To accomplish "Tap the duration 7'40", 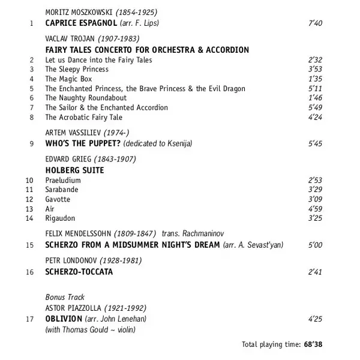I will [x=314, y=24].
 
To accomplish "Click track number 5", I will [x=31, y=88].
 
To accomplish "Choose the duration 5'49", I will [x=314, y=107].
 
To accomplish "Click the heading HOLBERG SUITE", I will [x=74, y=170].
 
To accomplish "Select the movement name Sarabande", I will [x=61, y=190].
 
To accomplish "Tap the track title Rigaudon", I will [x=60, y=218].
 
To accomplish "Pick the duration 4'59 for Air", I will [x=314, y=209].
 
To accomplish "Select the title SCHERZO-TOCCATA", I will [x=79, y=272].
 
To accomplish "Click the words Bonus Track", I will [x=65, y=297].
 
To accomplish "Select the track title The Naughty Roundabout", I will [x=86, y=98].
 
